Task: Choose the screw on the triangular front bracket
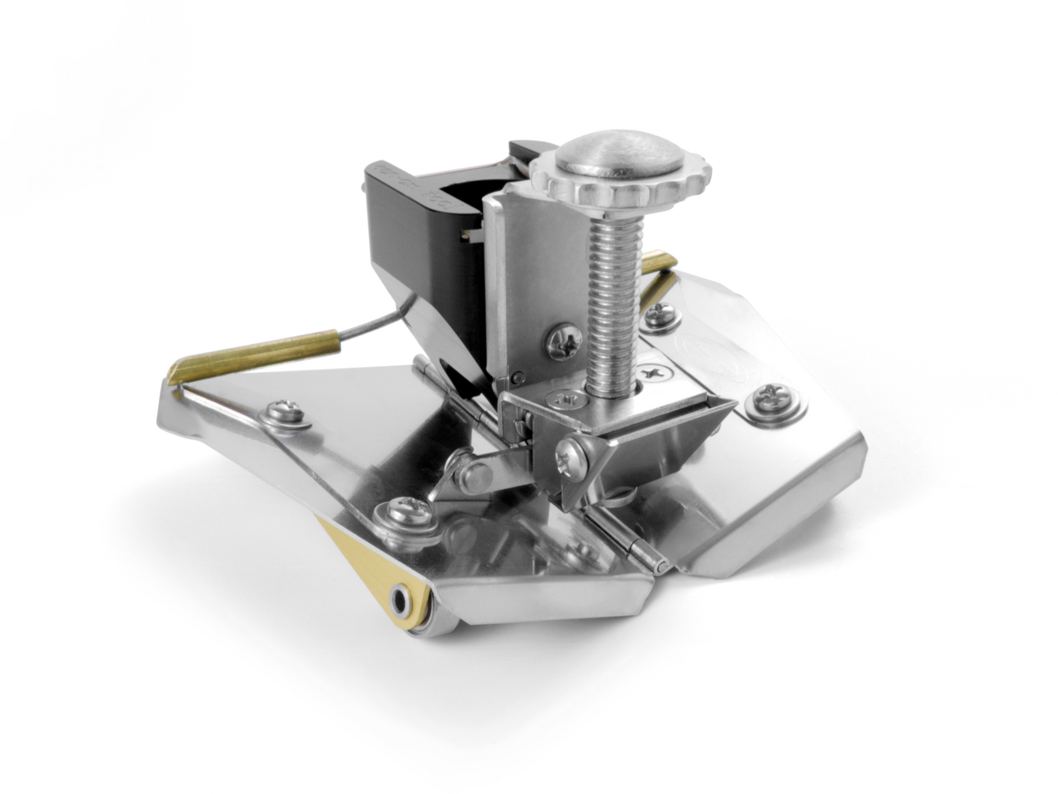coord(571,451)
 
